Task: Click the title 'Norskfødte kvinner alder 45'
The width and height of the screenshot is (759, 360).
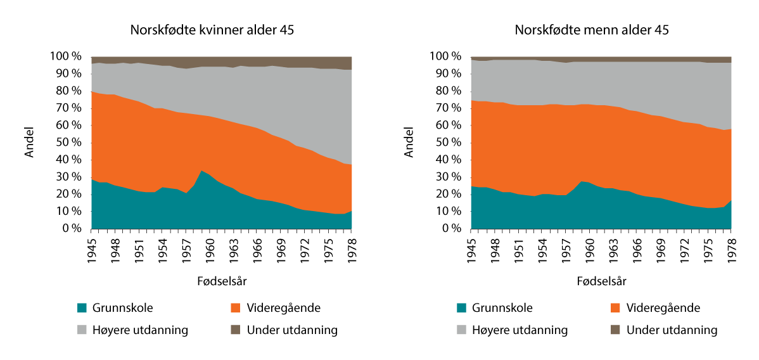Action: pos(212,30)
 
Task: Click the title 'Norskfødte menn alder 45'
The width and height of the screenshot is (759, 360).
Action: pos(592,30)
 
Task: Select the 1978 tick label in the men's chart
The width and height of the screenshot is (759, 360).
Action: pos(730,247)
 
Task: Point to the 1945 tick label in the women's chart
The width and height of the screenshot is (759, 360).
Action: pos(92,247)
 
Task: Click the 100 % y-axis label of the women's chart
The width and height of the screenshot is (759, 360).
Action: pos(66,56)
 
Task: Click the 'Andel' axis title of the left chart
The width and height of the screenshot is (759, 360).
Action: pos(30,143)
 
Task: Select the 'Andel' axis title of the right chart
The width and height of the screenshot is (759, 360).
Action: pos(410,143)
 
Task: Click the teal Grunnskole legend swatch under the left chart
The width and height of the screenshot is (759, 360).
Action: pos(82,309)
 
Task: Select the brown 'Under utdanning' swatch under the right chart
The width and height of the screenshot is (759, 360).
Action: pos(615,330)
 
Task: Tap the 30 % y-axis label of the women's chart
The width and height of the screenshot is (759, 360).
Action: pos(68,177)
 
